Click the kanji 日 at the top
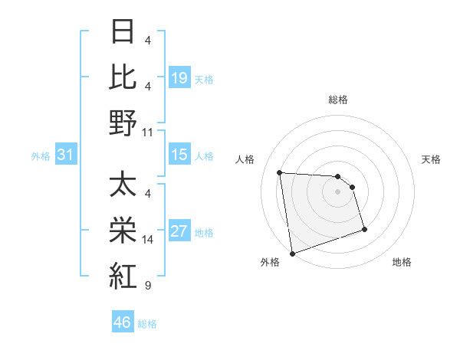tap(122, 33)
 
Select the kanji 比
tap(122, 77)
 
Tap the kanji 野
tap(122, 123)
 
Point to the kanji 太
tap(122, 185)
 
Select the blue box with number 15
tap(179, 155)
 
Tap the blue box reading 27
tap(179, 231)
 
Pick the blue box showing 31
tap(65, 155)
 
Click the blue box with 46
tap(122, 322)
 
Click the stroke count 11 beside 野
tap(147, 132)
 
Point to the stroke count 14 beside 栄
tap(147, 240)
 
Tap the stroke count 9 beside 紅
tap(147, 286)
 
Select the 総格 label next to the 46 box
tap(147, 324)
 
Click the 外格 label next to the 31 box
tap(41, 156)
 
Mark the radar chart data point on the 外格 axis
tap(291, 253)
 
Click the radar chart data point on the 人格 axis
tap(280, 172)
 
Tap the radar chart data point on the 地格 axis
tap(364, 229)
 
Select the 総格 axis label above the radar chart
tap(338, 100)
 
